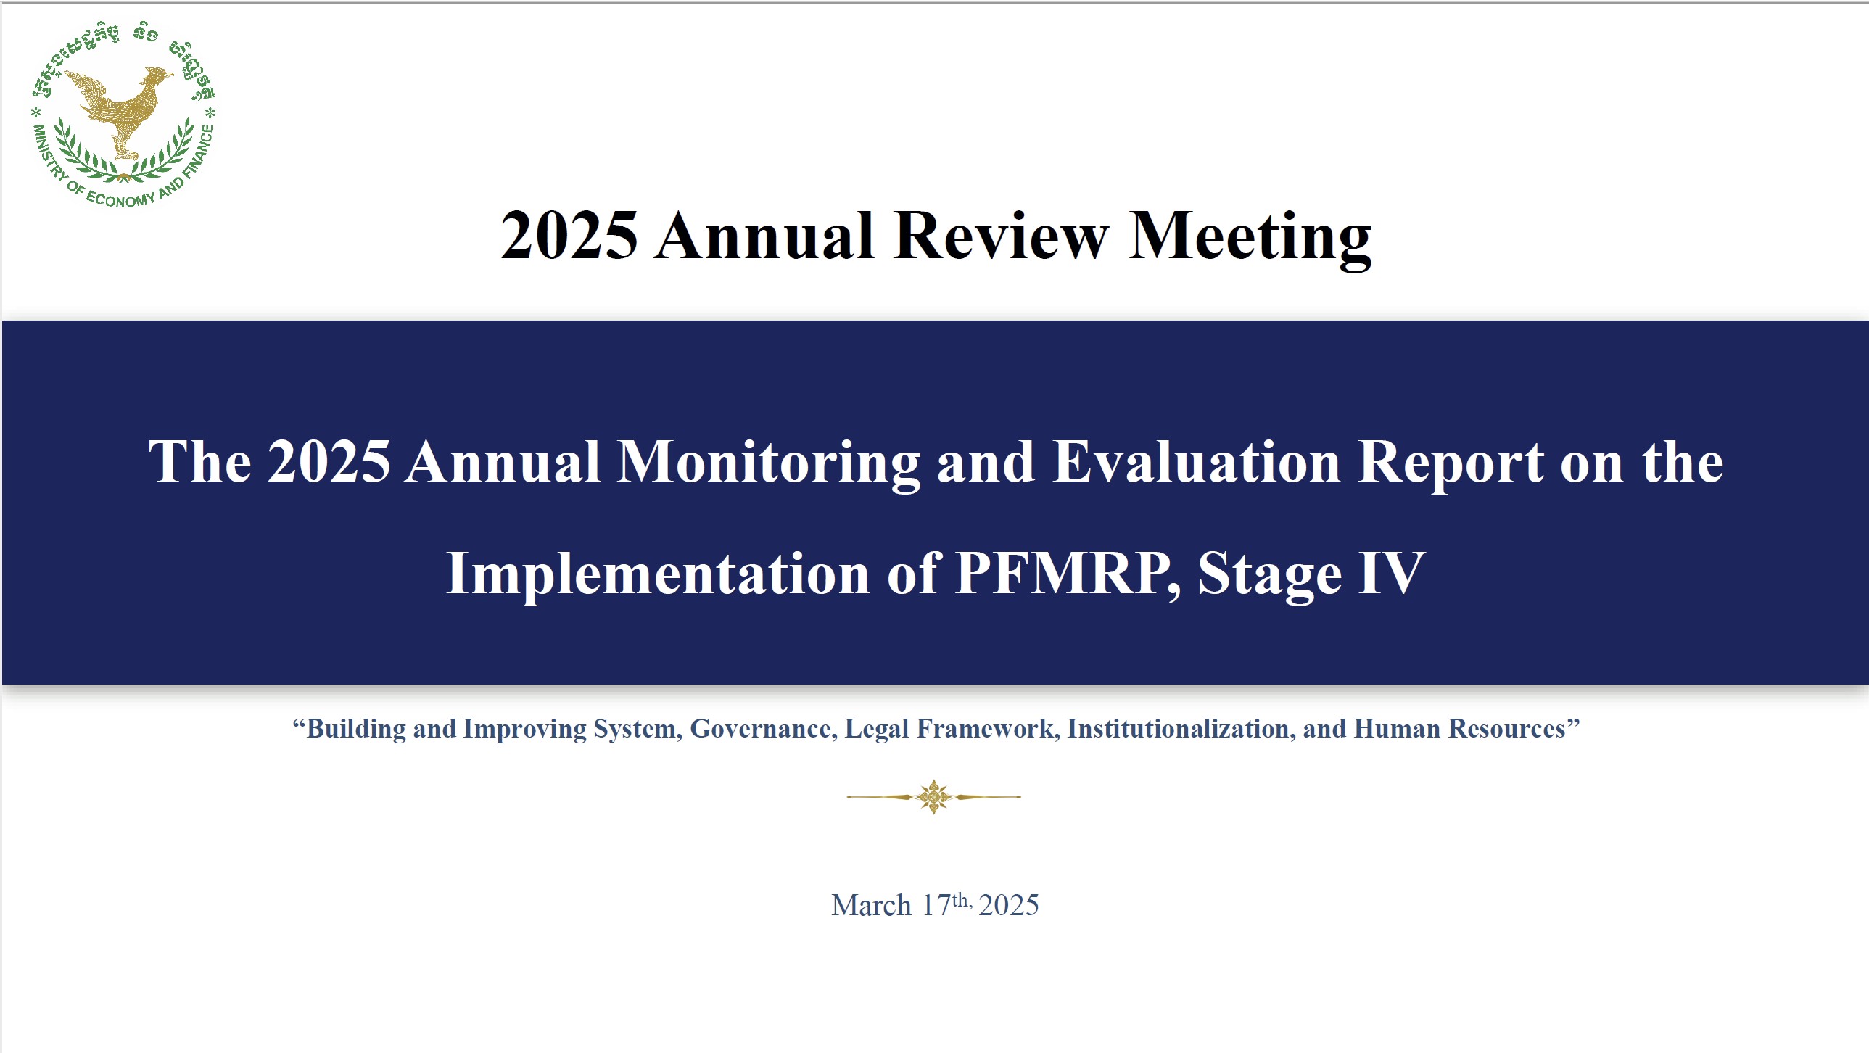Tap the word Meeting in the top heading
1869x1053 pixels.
coord(1250,238)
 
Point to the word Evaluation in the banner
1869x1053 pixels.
coord(1197,461)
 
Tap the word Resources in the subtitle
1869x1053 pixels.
coord(1507,729)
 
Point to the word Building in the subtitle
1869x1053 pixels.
coord(356,730)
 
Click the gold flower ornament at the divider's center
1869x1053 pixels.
coord(933,797)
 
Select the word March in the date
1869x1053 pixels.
coord(871,906)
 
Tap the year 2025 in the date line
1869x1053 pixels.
coord(1009,906)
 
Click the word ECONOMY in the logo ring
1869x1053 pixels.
coord(120,197)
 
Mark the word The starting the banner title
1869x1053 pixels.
coord(200,461)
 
